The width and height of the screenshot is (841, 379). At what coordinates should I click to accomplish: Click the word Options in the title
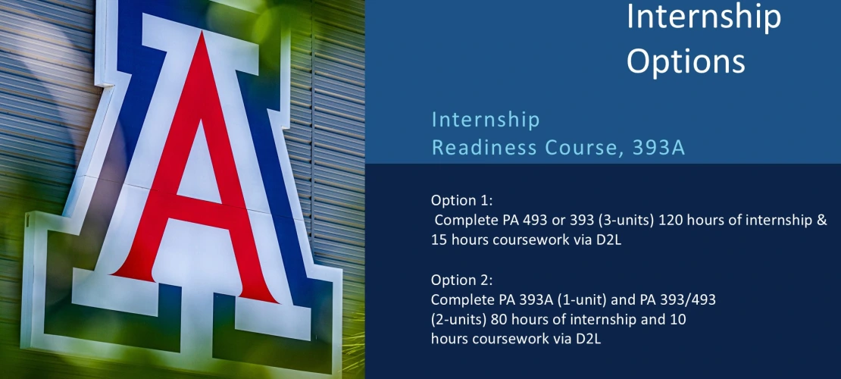[686, 61]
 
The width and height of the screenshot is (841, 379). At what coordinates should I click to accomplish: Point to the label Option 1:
[462, 201]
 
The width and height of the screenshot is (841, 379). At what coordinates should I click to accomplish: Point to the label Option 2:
[462, 280]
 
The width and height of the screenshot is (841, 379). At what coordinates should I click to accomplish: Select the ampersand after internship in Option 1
[822, 221]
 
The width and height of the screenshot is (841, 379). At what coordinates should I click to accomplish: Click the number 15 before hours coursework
[439, 240]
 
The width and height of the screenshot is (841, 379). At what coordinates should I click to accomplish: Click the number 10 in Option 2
[677, 320]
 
